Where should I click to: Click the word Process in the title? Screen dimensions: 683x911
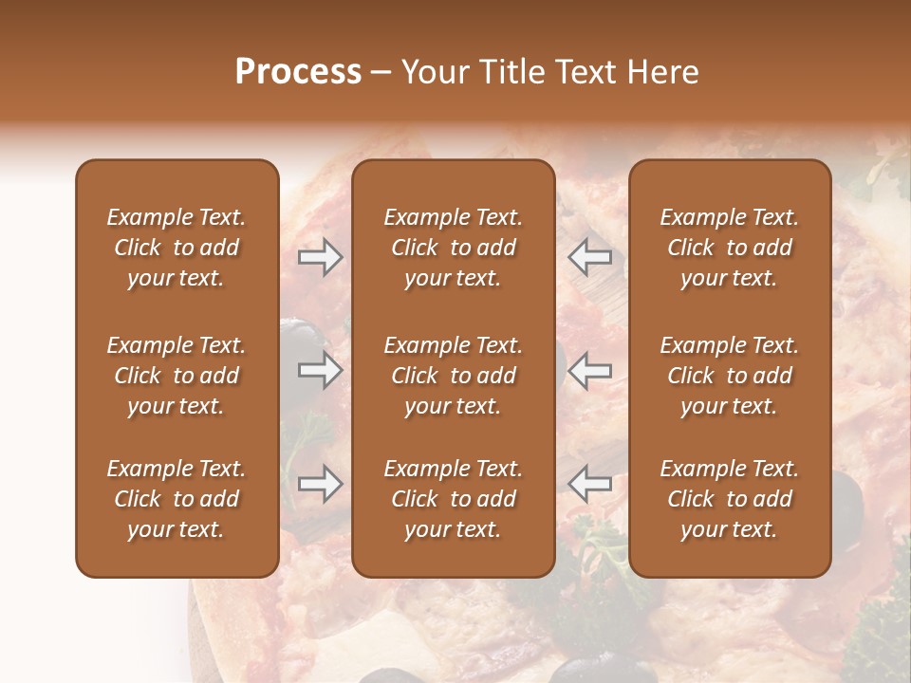tap(298, 72)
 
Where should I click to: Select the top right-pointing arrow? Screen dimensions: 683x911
tap(320, 256)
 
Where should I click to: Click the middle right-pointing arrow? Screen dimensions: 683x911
tap(320, 370)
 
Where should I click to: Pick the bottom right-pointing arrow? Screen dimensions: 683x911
tap(320, 484)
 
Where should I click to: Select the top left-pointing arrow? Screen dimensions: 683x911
tap(590, 256)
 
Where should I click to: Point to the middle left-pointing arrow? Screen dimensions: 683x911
tap(590, 370)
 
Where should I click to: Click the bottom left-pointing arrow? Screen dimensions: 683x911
tap(590, 484)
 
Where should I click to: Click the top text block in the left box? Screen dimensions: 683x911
tap(177, 248)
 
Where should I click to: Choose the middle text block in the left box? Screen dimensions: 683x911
tap(177, 376)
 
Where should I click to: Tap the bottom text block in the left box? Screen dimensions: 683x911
tap(177, 499)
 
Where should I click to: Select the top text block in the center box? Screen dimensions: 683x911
tap(454, 248)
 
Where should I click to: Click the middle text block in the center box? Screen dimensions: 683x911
tap(454, 376)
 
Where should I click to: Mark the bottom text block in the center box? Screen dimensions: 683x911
tap(454, 499)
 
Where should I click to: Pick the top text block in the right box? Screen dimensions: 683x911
tap(730, 248)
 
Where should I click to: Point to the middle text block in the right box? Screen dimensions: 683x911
tap(730, 376)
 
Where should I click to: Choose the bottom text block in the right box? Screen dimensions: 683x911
tap(730, 499)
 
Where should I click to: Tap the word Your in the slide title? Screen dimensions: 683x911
tap(433, 72)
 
